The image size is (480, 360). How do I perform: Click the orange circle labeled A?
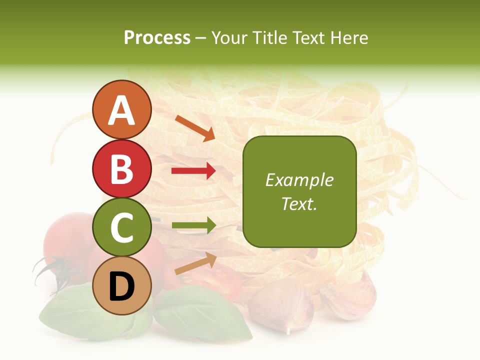121,109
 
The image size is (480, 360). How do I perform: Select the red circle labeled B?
121,168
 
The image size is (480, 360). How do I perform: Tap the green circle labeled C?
121,227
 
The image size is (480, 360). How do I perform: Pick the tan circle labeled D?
121,285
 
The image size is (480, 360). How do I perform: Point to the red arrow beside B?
193,171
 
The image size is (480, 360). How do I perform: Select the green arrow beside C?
193,226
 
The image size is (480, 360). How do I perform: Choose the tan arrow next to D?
195,263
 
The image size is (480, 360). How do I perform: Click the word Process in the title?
157,37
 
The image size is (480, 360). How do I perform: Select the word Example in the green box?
299,180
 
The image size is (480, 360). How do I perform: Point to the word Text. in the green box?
299,203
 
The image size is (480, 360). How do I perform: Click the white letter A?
121,110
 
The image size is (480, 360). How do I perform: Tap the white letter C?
121,227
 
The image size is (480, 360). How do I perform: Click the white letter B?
121,169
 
